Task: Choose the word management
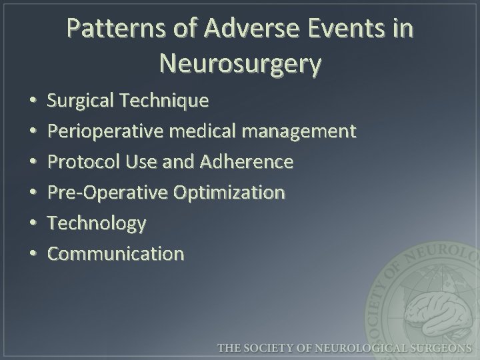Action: pos(299,131)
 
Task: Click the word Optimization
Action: pos(229,193)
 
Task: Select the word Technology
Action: pos(96,223)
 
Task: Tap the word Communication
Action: pos(115,253)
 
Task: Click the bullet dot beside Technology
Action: pos(33,224)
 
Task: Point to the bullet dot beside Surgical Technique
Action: pos(33,101)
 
